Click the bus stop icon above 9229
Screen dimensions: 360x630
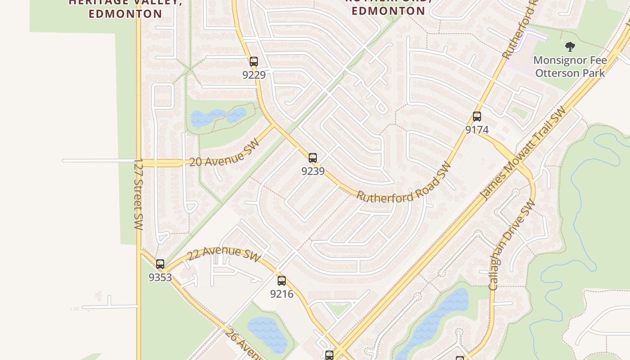pos(254,62)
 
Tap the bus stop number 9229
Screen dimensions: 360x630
pos(254,75)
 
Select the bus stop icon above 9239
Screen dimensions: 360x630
pos(313,158)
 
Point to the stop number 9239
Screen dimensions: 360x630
pos(313,171)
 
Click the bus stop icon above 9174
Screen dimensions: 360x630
pos(477,117)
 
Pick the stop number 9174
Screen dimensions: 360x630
pos(477,130)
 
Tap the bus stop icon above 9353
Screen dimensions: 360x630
pos(160,264)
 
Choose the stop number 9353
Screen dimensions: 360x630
pos(160,277)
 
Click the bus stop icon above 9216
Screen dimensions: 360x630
pos(282,281)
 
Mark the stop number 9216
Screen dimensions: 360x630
pos(282,294)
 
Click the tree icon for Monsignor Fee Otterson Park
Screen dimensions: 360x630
pos(570,46)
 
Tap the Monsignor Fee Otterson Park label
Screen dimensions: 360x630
pos(570,66)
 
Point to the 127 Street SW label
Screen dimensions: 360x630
pos(138,193)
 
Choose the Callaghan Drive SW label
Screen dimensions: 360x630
pos(512,245)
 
